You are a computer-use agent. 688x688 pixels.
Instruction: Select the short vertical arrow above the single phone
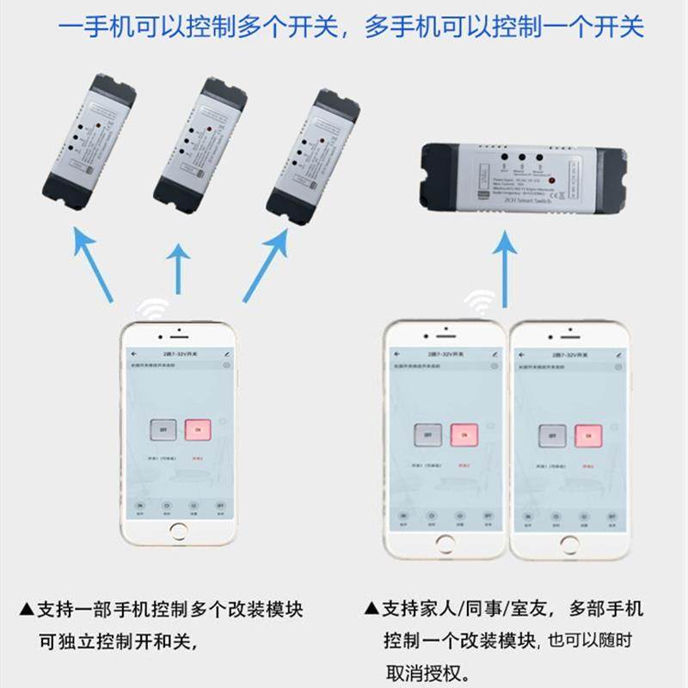[x=177, y=266]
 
